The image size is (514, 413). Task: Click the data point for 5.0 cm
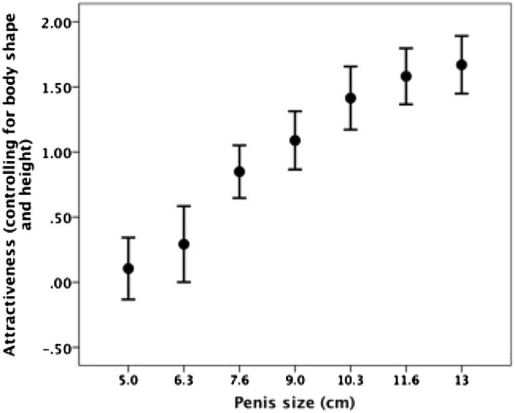tap(128, 269)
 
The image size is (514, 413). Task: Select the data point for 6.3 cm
tap(184, 244)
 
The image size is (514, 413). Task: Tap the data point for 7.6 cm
tap(240, 172)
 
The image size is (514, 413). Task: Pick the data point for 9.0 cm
tap(295, 141)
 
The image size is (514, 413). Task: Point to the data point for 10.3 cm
tap(351, 98)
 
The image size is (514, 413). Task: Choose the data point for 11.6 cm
tap(406, 77)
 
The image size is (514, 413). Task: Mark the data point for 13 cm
tap(462, 65)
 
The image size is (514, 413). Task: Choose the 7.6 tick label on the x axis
tap(240, 381)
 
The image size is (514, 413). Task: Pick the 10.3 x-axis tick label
tap(351, 381)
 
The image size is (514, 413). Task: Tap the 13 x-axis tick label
tap(462, 381)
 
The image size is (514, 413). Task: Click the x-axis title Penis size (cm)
tap(295, 403)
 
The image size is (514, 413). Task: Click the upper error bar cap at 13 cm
tap(462, 35)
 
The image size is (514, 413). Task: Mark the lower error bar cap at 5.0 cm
tap(128, 299)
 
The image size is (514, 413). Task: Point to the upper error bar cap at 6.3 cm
tap(184, 206)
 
